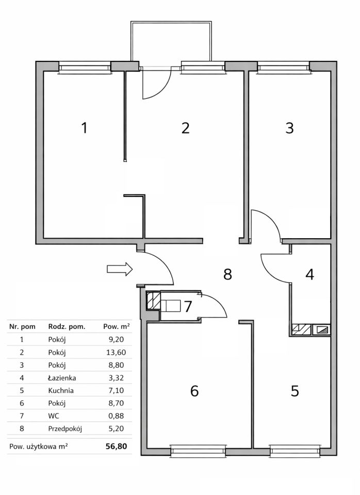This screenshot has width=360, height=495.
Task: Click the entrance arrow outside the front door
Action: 120,269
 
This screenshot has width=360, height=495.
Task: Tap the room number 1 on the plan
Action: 84,128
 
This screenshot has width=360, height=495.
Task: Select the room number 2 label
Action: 185,128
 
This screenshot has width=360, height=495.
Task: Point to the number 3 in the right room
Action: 289,128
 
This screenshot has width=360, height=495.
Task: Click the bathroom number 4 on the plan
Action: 310,274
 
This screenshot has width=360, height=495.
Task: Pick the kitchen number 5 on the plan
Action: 294,391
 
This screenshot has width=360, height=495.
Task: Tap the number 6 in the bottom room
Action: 194,391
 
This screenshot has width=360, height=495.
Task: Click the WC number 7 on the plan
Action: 188,306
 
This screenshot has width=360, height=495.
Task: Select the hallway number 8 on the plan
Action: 227,274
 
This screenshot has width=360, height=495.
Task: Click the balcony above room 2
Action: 171,42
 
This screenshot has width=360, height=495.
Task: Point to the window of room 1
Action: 85,68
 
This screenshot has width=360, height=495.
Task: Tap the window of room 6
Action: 199,451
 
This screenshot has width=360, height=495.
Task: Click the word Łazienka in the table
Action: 62,378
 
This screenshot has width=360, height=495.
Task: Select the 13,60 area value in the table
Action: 116,352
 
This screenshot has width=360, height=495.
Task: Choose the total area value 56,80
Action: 116,447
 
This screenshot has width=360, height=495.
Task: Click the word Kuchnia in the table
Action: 61,390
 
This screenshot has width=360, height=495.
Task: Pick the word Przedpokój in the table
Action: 65,428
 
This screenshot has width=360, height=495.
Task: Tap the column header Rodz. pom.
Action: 67,327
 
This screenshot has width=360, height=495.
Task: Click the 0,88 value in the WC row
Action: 116,416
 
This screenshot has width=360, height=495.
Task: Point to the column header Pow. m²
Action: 117,327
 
